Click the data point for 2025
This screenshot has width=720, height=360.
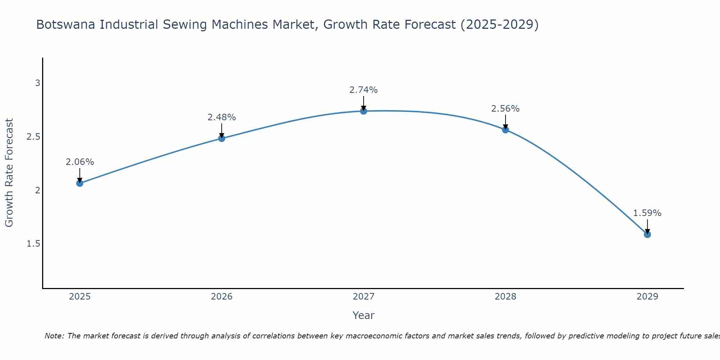point(80,183)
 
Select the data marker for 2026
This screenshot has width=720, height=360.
point(222,138)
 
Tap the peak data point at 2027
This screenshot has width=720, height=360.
point(364,111)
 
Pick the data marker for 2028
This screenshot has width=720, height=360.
point(505,130)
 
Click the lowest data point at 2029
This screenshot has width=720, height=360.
point(647,234)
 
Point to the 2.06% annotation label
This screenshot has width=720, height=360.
point(80,162)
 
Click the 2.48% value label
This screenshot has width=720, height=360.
point(222,117)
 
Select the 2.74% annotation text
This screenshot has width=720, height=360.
point(364,90)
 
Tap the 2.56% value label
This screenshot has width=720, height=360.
point(505,109)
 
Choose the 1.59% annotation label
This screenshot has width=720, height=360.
point(647,213)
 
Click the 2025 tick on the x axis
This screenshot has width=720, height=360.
point(80,297)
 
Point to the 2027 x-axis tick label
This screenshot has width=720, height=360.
point(364,297)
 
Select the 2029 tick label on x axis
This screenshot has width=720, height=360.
point(647,297)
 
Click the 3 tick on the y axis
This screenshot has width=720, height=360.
point(37,83)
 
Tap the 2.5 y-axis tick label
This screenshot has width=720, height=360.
point(33,137)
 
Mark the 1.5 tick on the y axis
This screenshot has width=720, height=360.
point(33,244)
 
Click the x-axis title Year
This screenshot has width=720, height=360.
point(364,315)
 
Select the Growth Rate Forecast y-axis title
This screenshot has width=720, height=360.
point(9,172)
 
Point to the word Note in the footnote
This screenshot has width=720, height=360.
point(54,336)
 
